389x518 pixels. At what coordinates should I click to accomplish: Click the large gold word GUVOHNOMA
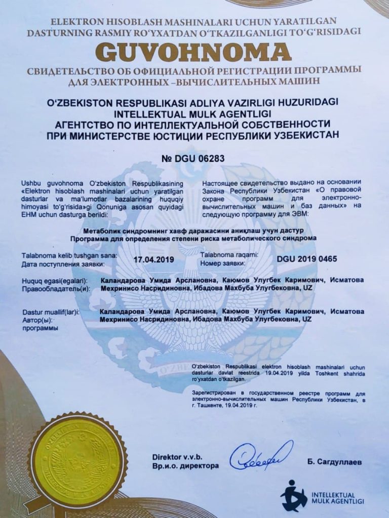click(194, 52)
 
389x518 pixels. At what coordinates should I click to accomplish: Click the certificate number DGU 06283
click(192, 158)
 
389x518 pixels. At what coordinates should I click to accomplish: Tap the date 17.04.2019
click(153, 259)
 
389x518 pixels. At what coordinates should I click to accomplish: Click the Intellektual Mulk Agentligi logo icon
click(294, 495)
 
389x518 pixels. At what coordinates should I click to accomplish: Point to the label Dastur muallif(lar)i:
click(51, 313)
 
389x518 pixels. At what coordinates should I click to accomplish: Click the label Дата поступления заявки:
click(63, 264)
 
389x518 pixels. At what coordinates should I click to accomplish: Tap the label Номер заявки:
click(223, 263)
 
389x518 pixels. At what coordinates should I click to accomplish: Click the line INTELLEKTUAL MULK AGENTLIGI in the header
click(194, 112)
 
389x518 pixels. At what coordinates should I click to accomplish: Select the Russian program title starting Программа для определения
click(194, 237)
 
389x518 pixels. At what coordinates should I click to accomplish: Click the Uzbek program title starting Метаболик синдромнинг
click(194, 230)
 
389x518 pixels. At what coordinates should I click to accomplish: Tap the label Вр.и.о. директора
click(185, 466)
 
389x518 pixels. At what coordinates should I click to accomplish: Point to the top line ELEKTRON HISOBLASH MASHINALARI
click(194, 22)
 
